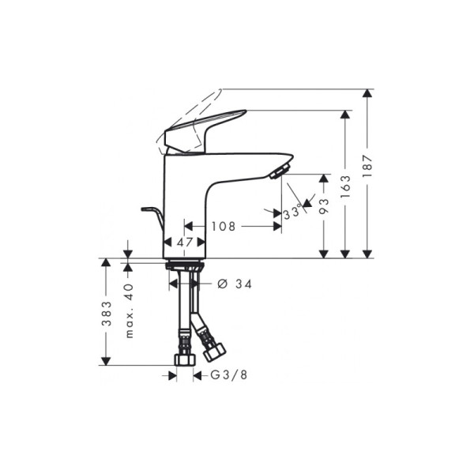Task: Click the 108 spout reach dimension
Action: tap(224, 227)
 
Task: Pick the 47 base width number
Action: tap(186, 243)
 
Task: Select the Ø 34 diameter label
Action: tap(234, 284)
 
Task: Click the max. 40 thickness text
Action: tap(130, 310)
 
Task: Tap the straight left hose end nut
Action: tap(183, 359)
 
